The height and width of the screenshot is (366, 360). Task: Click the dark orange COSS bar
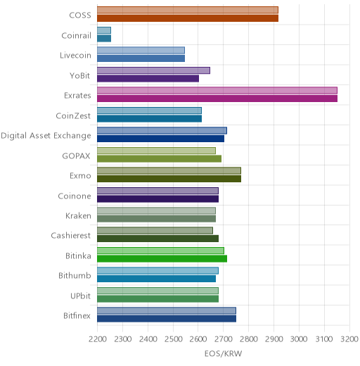188,18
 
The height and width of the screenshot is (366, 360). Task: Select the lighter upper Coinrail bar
104,30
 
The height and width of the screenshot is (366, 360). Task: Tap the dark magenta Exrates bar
217,99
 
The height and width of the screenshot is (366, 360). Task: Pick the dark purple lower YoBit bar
148,78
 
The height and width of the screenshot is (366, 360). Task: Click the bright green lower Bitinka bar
162,259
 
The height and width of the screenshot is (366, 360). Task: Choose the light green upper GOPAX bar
156,151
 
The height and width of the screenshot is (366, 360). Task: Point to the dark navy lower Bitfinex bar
167,319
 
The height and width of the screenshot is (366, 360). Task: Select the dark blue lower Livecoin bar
141,58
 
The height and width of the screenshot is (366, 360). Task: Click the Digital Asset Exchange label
46,136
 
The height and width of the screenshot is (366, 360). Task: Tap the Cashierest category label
71,235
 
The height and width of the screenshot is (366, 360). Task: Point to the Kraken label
78,215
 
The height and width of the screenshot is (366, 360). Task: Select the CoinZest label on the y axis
73,115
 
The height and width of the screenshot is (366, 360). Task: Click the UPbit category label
80,296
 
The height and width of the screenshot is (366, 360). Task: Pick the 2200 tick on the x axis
97,339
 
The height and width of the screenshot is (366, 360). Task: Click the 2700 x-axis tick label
224,339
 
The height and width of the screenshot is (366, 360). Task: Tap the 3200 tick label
349,339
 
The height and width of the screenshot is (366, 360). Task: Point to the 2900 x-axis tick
274,339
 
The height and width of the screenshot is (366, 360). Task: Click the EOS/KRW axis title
223,353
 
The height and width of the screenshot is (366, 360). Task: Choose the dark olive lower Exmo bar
169,179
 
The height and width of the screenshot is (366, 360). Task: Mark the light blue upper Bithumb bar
157,270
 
